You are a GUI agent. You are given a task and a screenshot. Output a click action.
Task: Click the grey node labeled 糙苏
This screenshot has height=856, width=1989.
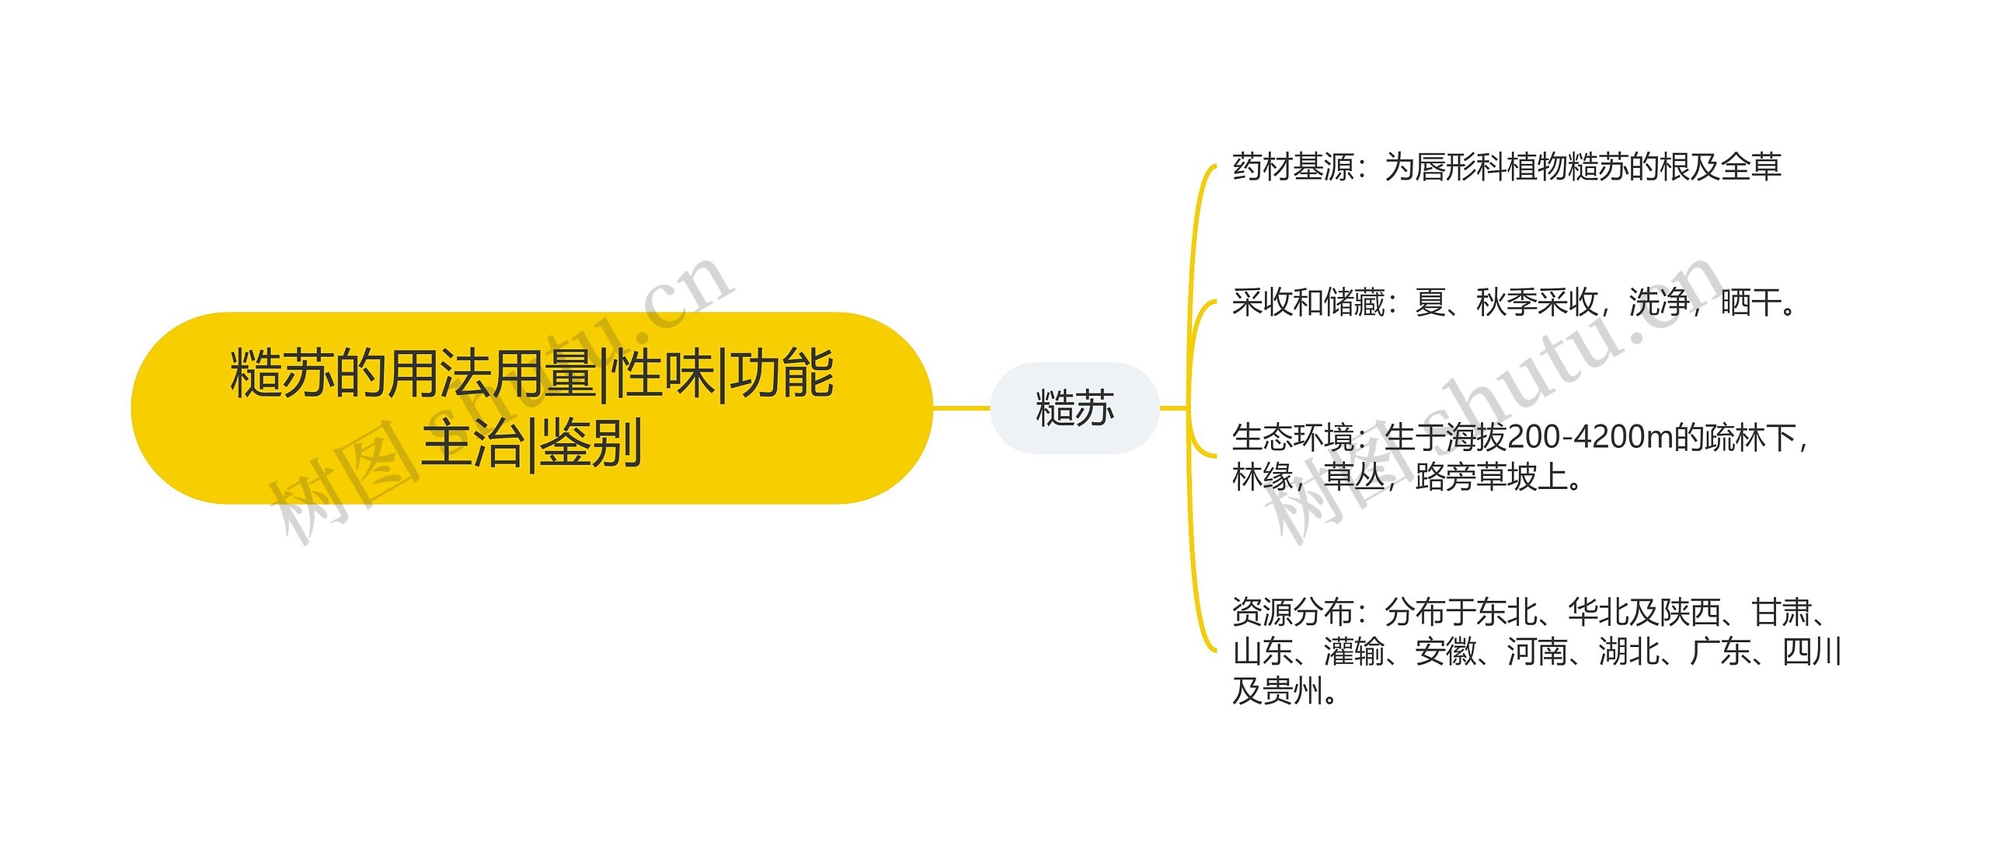(x=1075, y=408)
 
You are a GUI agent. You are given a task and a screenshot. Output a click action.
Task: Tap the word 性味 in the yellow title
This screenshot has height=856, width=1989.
(x=663, y=374)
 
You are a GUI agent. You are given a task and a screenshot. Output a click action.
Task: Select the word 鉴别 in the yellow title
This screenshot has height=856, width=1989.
(x=590, y=442)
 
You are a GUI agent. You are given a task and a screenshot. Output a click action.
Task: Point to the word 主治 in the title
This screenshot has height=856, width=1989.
(x=472, y=442)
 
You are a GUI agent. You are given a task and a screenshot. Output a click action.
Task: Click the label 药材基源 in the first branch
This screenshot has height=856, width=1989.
(x=1293, y=167)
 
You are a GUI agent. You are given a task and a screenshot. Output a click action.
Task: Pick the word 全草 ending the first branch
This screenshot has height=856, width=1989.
(x=1751, y=167)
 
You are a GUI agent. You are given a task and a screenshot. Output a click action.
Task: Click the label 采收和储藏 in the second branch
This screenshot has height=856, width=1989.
(x=1308, y=302)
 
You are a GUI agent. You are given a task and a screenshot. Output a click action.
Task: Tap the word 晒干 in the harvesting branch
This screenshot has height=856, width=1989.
(x=1751, y=302)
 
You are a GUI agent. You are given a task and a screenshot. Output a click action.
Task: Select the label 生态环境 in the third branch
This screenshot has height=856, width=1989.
(x=1293, y=438)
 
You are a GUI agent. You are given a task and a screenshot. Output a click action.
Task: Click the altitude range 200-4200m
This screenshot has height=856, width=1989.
(x=1589, y=438)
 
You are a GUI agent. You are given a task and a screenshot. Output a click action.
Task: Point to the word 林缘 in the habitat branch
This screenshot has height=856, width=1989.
(x=1263, y=477)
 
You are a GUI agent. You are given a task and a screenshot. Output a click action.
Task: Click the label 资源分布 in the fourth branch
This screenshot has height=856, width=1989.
(x=1293, y=613)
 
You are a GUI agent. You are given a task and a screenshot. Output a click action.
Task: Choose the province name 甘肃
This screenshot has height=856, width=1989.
(x=1782, y=613)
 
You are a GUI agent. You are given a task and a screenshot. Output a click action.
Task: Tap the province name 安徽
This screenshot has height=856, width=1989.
(x=1446, y=652)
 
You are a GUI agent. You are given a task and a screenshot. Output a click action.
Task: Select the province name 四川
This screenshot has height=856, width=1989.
(x=1811, y=652)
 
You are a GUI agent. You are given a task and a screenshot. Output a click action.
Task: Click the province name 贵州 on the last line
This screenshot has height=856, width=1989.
(x=1293, y=690)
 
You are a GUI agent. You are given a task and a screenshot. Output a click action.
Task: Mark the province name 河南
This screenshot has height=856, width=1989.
(x=1538, y=652)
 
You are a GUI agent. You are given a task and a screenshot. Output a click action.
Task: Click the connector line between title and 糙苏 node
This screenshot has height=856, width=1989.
(x=961, y=407)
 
